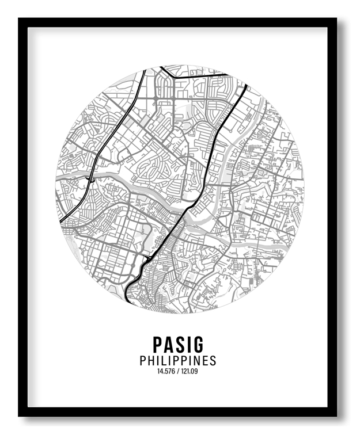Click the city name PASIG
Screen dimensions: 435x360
[x=178, y=345]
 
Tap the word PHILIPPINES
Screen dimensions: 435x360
[x=178, y=361]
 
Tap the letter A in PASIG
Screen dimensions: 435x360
[x=169, y=345]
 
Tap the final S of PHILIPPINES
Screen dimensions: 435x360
[x=213, y=361]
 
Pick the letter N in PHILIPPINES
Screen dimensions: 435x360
[x=197, y=361]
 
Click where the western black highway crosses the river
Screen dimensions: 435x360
[x=92, y=178]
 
